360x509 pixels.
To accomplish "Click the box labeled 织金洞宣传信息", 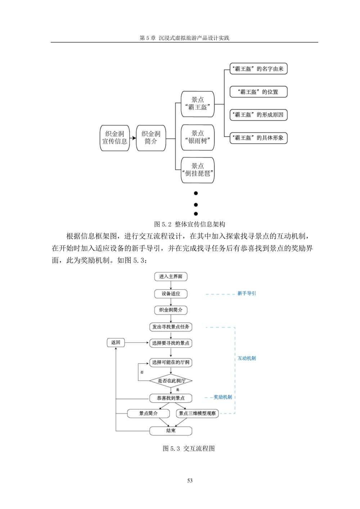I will (x=114, y=138).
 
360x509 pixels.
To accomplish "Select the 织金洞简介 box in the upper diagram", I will (x=151, y=138).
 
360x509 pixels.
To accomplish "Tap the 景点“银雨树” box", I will (x=198, y=137).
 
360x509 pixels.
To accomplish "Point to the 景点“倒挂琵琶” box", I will (x=198, y=170).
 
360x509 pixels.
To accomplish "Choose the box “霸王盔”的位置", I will (x=258, y=92).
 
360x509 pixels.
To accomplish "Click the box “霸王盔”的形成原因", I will (x=258, y=115).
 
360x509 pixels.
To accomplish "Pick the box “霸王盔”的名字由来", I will (x=258, y=69).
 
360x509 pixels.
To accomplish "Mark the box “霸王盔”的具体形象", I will (x=258, y=138).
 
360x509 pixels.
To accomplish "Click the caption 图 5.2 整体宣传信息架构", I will (x=190, y=224).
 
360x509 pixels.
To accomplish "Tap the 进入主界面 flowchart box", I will (x=171, y=276).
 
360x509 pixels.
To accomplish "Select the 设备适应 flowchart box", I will (x=171, y=294).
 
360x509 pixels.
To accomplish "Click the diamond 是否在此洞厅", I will (x=171, y=380).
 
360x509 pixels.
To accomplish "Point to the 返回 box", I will (x=116, y=342).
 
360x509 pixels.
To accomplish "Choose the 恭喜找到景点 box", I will (x=171, y=398).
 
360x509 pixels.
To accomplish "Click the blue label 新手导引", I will (x=247, y=293).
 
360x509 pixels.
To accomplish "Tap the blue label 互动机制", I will (x=247, y=358).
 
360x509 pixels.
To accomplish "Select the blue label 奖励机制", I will (x=223, y=397).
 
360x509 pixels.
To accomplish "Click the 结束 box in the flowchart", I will (x=171, y=431).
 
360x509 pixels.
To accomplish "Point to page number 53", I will (x=190, y=481).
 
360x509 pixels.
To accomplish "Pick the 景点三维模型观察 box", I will (x=197, y=413).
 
